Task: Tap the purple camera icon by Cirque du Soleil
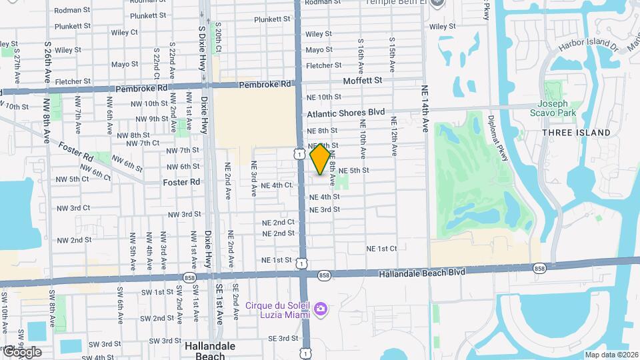321,308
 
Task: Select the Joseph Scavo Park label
553,109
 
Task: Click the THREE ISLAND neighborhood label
576,133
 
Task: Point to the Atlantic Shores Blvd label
345,113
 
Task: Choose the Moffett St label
363,80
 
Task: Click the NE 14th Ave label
425,109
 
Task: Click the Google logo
21,352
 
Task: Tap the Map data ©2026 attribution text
611,355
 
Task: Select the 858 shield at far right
539,269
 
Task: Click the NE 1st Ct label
381,249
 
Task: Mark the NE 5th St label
353,171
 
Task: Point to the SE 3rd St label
283,339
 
